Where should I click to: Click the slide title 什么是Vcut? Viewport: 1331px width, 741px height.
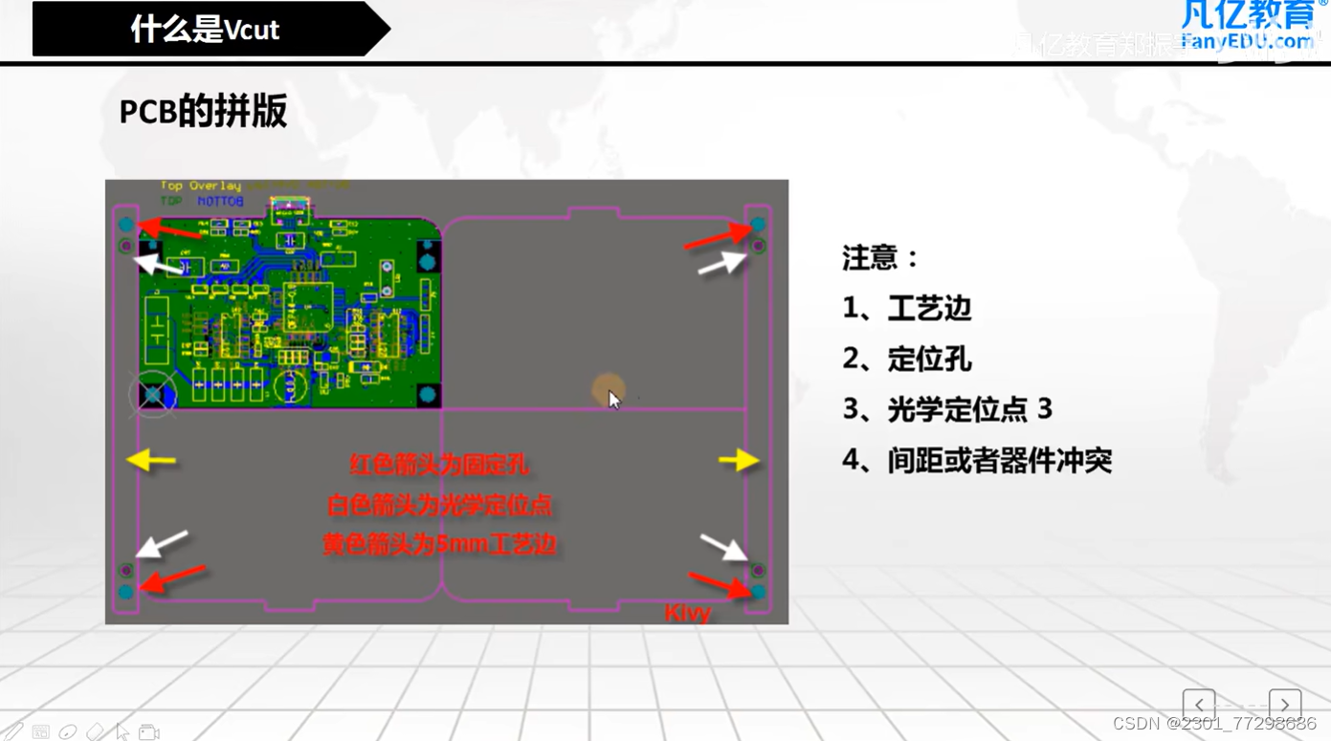pos(205,30)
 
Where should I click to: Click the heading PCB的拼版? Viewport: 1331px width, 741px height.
pos(203,112)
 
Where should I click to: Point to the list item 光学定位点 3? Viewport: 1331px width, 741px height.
pos(968,409)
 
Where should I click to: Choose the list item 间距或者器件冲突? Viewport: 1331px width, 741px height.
pos(999,461)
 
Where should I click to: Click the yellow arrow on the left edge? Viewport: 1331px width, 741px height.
pos(151,461)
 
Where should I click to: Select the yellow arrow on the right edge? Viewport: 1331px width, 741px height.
pos(739,461)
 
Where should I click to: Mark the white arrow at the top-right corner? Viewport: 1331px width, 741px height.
pos(721,263)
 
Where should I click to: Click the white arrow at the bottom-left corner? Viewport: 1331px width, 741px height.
pos(162,543)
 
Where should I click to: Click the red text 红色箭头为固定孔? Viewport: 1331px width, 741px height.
pos(439,466)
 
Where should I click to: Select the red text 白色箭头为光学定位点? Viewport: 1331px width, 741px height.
pos(439,505)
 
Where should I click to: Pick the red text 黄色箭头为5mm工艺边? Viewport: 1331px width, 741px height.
pos(439,545)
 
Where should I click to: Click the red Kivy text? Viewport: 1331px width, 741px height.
pos(687,613)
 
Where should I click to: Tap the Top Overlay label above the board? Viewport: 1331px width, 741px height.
pos(200,185)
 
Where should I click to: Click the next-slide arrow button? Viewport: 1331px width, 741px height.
pos(1284,705)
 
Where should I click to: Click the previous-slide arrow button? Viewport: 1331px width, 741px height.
pos(1198,705)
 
